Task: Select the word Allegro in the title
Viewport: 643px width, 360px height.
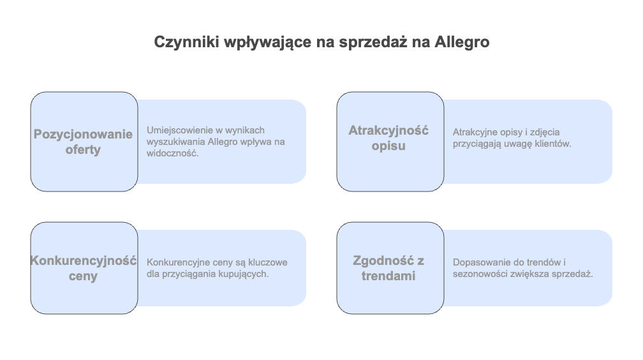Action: (462, 42)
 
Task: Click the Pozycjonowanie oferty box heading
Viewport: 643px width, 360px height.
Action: (83, 142)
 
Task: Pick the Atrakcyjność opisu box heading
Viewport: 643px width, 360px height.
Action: (388, 138)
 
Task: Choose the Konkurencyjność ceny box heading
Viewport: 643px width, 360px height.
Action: (83, 268)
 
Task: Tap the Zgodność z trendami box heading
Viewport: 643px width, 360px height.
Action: (388, 268)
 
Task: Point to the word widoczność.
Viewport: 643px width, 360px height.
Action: (173, 154)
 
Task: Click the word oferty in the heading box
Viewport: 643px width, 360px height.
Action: (83, 149)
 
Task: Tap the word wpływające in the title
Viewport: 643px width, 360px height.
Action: (268, 42)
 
